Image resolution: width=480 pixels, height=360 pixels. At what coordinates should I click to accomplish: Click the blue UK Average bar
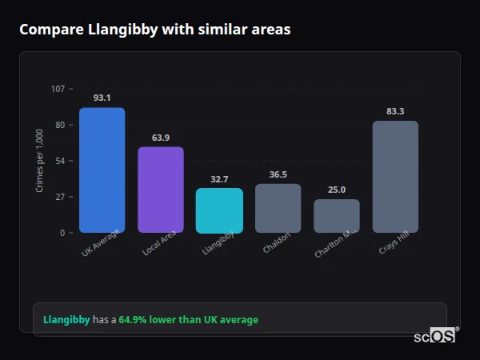[x=102, y=170]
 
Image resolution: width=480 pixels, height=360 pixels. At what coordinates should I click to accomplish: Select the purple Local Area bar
[x=160, y=190]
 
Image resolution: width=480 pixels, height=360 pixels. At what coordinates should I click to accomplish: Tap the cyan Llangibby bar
[x=219, y=210]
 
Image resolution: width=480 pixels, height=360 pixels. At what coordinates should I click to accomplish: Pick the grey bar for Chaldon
[x=278, y=208]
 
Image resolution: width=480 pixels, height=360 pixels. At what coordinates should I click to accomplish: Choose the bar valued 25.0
[x=337, y=216]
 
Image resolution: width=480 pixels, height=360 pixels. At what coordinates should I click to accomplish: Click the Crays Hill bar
[x=395, y=177]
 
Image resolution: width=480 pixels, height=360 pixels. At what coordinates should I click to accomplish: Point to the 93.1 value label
[x=102, y=98]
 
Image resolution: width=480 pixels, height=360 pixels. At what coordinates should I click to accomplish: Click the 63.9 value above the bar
[x=160, y=138]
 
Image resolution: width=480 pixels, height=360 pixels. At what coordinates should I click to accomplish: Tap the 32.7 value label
[x=219, y=179]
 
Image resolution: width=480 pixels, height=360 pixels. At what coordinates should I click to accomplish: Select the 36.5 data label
[x=278, y=174]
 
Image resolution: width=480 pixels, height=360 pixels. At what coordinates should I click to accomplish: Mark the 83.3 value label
[x=395, y=111]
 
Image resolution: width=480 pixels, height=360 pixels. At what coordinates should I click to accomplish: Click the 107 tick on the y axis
[x=58, y=89]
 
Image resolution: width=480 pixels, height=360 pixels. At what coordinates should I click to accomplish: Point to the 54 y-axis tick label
[x=60, y=161]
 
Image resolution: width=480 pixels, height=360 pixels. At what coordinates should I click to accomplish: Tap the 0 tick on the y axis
[x=62, y=233]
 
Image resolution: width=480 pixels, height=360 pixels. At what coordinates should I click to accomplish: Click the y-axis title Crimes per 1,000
[x=40, y=160]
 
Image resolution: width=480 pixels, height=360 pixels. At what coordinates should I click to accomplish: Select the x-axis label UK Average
[x=101, y=244]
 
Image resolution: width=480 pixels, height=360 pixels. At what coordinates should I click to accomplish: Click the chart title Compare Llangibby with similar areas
[x=154, y=30]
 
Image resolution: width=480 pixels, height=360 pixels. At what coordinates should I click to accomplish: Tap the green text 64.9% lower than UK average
[x=189, y=320]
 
